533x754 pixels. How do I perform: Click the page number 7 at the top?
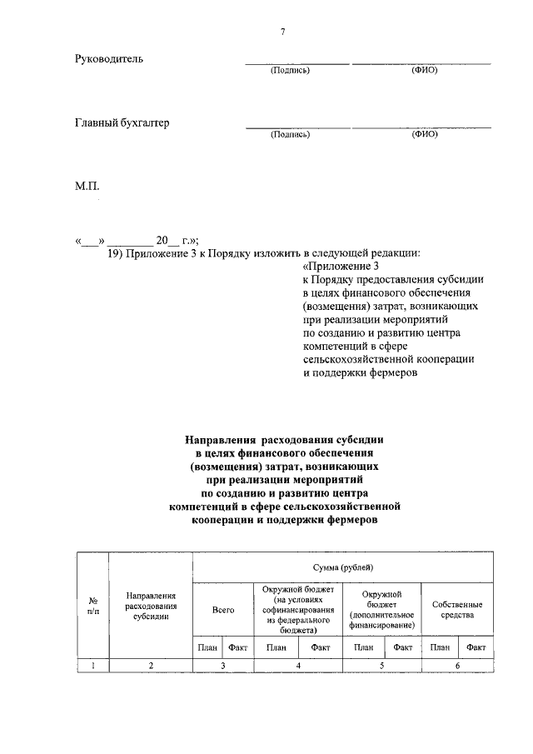tap(282, 32)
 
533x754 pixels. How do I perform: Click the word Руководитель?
tap(109, 59)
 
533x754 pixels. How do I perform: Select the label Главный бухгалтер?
tap(122, 123)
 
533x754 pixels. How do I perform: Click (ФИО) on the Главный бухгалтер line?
tap(424, 134)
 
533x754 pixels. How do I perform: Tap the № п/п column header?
tap(92, 605)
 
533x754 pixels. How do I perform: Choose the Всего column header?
tap(222, 611)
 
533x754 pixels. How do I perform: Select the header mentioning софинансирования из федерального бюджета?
tap(297, 610)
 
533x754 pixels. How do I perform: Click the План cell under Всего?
tap(207, 647)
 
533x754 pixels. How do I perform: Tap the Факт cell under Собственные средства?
tap(476, 647)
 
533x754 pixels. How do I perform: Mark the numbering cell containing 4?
tap(297, 665)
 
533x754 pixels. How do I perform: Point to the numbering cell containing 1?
tap(92, 665)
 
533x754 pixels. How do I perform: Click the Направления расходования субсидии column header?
tap(151, 606)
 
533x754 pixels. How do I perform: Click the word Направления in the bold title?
tap(222, 439)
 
